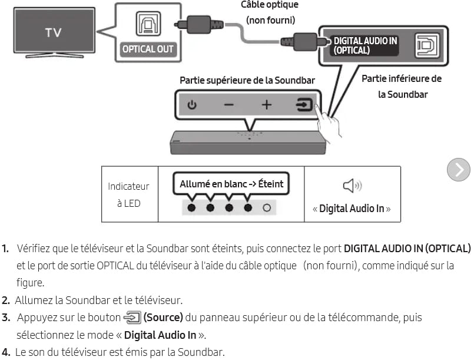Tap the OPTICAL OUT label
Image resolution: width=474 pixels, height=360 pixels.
148,49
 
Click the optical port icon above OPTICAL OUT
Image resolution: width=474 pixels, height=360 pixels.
148,24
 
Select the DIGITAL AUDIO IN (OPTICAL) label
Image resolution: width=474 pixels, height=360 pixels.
365,45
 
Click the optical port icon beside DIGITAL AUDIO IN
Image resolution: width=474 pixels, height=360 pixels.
427,46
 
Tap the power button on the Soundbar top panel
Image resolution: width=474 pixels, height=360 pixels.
192,105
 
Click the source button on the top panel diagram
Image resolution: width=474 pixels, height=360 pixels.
304,105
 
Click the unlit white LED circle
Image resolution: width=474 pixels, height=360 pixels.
267,208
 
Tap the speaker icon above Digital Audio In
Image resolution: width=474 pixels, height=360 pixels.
353,186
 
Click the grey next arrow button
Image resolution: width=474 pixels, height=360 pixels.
459,170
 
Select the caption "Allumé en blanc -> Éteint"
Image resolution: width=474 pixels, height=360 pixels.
231,184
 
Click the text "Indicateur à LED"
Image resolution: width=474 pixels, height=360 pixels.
128,194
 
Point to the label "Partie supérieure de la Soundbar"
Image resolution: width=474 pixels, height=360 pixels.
247,80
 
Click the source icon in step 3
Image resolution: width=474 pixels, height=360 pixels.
132,318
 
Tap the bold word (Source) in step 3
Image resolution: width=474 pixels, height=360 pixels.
163,318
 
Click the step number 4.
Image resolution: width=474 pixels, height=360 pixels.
6,352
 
